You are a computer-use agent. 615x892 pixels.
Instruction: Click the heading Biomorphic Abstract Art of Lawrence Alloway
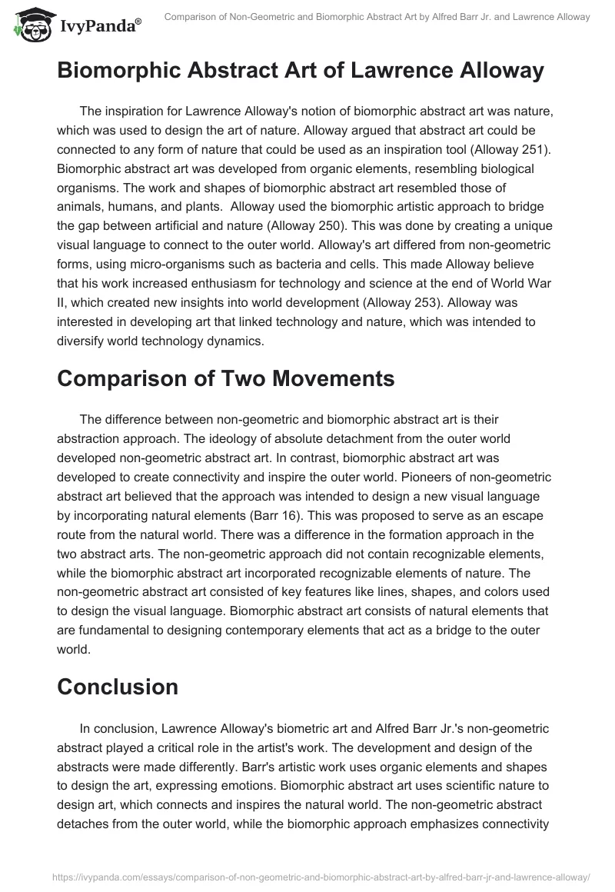click(301, 71)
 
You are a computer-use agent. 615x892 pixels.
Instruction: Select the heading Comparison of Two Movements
click(225, 378)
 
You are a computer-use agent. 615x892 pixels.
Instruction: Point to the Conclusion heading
click(117, 686)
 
